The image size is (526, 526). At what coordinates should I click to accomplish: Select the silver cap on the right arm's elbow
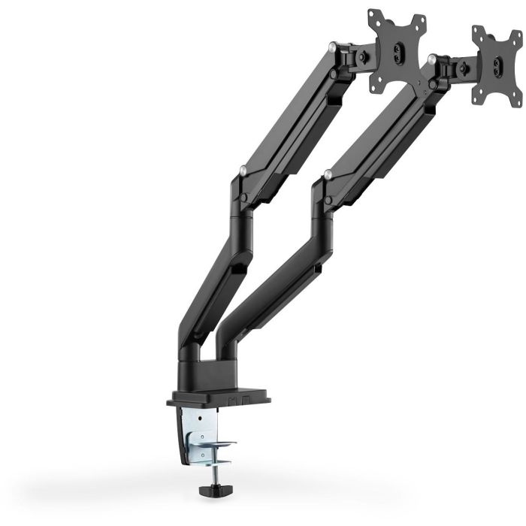point(328,174)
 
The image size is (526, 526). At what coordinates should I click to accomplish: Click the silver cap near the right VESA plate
point(431,56)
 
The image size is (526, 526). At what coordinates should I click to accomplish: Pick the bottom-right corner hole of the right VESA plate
point(518,94)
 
